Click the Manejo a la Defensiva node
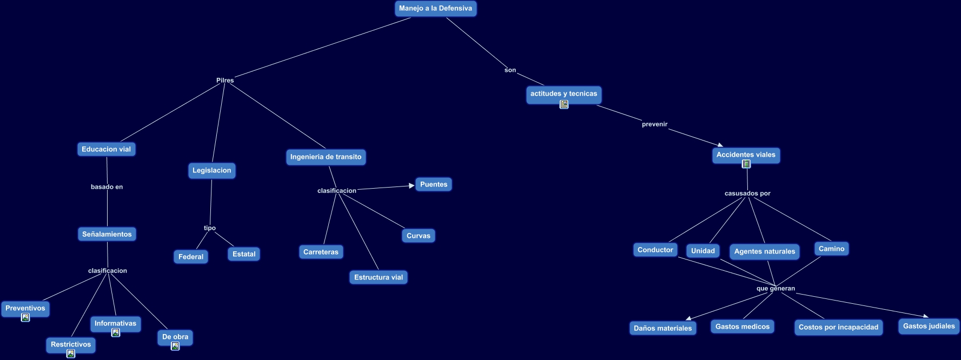click(435, 9)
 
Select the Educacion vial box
click(106, 149)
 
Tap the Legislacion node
click(211, 170)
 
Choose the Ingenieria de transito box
click(326, 157)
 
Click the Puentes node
click(434, 184)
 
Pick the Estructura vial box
click(378, 277)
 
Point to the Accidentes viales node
click(746, 155)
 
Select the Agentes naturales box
click(764, 251)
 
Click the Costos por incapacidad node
click(838, 328)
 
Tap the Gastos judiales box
click(929, 326)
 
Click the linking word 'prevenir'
click(654, 124)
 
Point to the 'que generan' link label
click(776, 289)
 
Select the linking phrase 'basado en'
click(107, 187)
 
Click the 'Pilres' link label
click(225, 81)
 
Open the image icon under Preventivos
click(25, 318)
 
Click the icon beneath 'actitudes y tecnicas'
click(564, 104)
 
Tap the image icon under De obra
click(175, 346)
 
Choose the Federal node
click(191, 257)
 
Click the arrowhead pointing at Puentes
click(412, 186)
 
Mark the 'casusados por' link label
click(747, 194)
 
